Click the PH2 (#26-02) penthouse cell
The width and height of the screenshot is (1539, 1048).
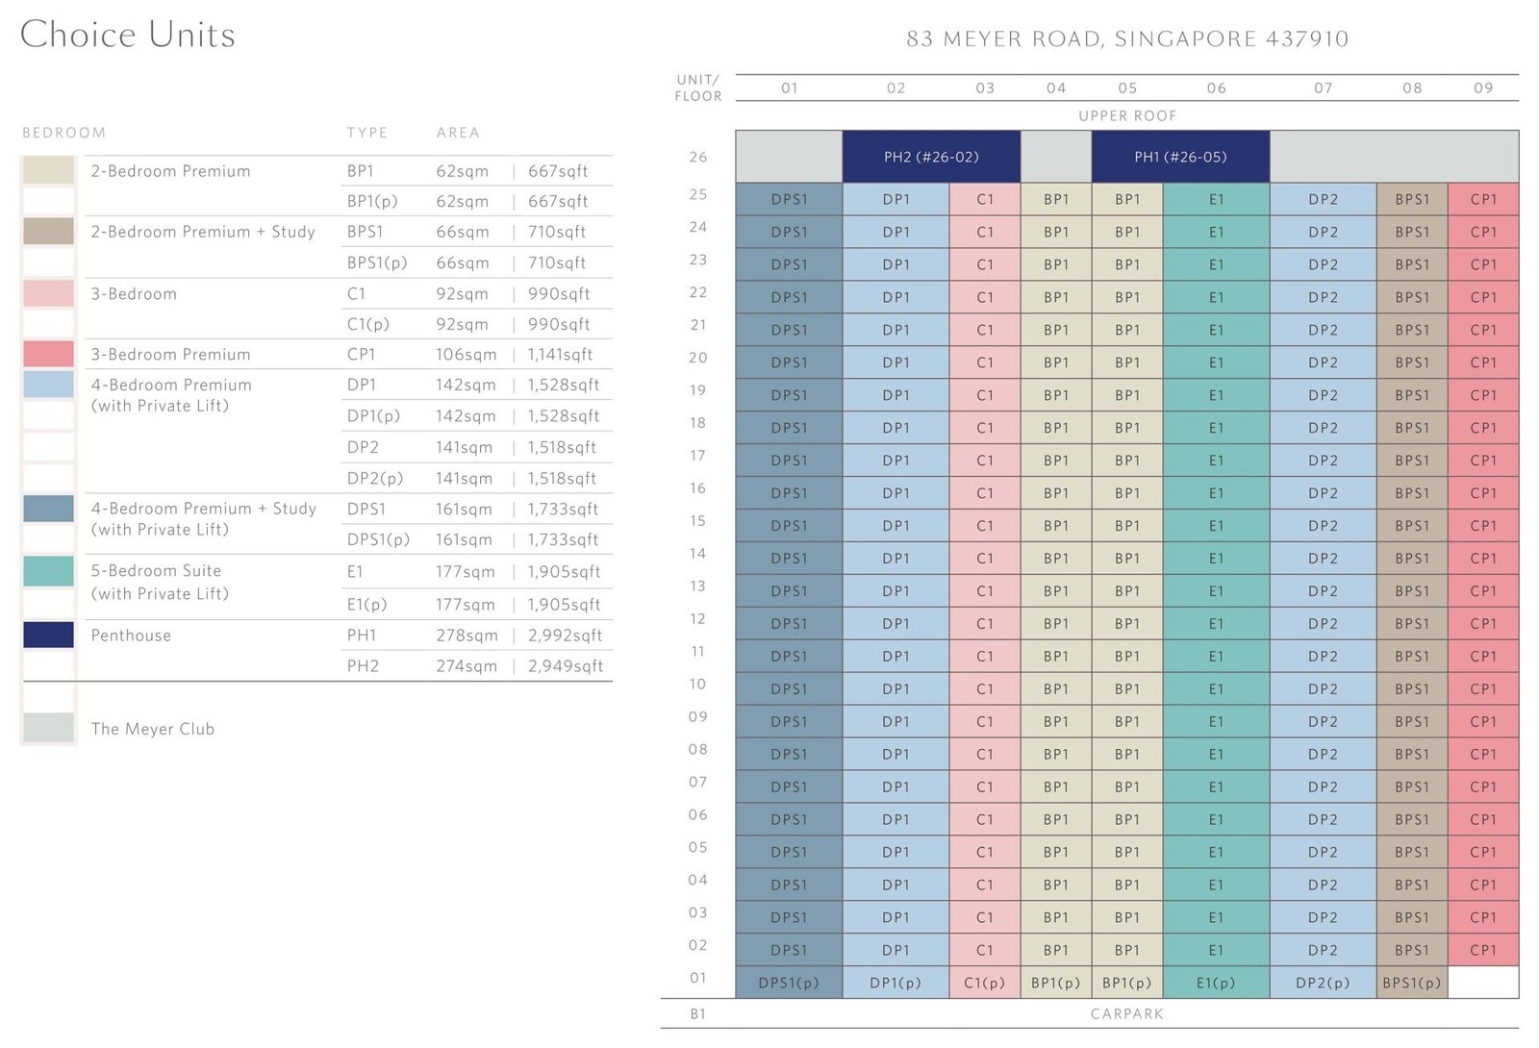pyautogui.click(x=931, y=157)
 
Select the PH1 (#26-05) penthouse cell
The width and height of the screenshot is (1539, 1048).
pyautogui.click(x=1180, y=157)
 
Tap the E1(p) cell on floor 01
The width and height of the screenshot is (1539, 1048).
pyautogui.click(x=1216, y=983)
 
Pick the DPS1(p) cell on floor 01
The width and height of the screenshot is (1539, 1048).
pyautogui.click(x=789, y=983)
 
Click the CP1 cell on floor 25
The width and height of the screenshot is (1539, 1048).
pyautogui.click(x=1483, y=199)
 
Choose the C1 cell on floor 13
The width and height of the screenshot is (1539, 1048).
pyautogui.click(x=985, y=590)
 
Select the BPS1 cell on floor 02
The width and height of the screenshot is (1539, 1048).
pyautogui.click(x=1412, y=950)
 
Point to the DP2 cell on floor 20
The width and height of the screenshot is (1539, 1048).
pyautogui.click(x=1324, y=362)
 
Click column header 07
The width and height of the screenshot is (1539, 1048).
pyautogui.click(x=1324, y=87)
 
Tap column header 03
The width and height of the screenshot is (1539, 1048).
pyautogui.click(x=985, y=87)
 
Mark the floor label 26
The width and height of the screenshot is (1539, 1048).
pyautogui.click(x=698, y=157)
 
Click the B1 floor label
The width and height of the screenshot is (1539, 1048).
pyautogui.click(x=698, y=1013)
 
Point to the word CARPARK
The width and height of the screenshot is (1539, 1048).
pyautogui.click(x=1126, y=1013)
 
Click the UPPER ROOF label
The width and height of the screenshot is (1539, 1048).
pyautogui.click(x=1127, y=115)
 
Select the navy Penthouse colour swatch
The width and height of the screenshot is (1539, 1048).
pyautogui.click(x=48, y=635)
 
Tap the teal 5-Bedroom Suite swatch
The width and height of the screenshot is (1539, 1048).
pyautogui.click(x=48, y=571)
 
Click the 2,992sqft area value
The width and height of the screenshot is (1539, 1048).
pyautogui.click(x=565, y=636)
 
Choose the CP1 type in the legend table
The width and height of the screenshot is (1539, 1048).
pyautogui.click(x=362, y=355)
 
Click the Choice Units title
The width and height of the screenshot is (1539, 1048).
pyautogui.click(x=128, y=35)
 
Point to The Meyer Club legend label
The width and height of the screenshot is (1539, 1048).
pyautogui.click(x=153, y=729)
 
